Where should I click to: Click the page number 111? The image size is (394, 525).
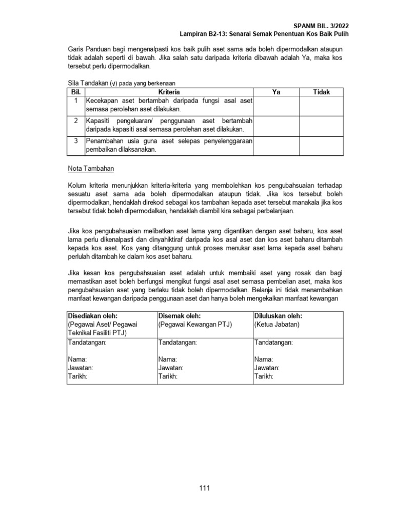[204, 488]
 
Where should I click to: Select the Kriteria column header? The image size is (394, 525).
[169, 92]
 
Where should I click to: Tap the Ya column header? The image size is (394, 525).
[276, 92]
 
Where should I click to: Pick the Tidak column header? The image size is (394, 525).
[321, 92]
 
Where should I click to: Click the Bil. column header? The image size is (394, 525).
[75, 92]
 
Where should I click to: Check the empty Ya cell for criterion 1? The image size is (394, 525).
[276, 106]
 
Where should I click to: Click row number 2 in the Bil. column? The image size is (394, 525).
[75, 120]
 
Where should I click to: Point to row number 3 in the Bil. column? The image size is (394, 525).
[75, 140]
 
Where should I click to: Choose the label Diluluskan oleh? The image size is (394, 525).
[278, 316]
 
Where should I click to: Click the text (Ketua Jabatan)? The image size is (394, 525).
[277, 324]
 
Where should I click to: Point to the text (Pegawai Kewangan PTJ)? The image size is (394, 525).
[195, 324]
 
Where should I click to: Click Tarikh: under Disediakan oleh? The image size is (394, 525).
[77, 376]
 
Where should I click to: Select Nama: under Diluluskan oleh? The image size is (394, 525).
[264, 359]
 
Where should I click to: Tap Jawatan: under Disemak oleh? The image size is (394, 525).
[171, 368]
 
